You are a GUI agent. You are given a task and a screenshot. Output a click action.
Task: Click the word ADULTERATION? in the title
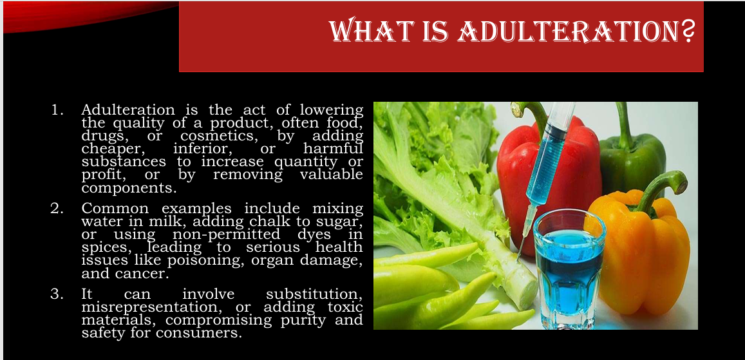[x=576, y=31]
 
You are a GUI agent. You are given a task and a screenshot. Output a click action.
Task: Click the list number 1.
[x=57, y=109]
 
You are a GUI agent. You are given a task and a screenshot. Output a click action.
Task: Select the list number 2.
[x=57, y=209]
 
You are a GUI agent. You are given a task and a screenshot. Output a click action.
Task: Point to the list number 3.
[x=57, y=294]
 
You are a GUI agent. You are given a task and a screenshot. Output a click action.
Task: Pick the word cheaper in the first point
[x=113, y=149]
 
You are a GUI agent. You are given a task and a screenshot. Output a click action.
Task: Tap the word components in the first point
[x=129, y=188]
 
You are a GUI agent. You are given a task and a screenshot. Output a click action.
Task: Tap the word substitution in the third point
[x=314, y=294]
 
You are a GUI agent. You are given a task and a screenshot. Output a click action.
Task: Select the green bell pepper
[x=632, y=156]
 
